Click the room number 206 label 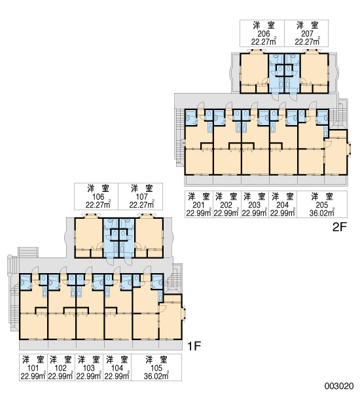point(264,33)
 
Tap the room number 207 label point(307,33)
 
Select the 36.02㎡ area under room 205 point(322,213)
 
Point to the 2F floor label point(339,227)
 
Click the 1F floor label point(194,346)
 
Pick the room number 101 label point(33,368)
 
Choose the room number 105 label point(156,368)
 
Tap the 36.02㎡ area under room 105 point(156,376)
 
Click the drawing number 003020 point(339,386)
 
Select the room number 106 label point(98,196)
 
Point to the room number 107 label point(142,196)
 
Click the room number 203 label point(254,205)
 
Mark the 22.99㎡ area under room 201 point(199,213)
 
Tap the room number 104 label point(117,368)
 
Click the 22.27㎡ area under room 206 point(264,42)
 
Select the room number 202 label point(226,205)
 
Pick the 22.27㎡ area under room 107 point(142,205)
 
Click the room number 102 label point(61,368)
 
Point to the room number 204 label point(283,205)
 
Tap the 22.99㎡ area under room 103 point(88,376)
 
